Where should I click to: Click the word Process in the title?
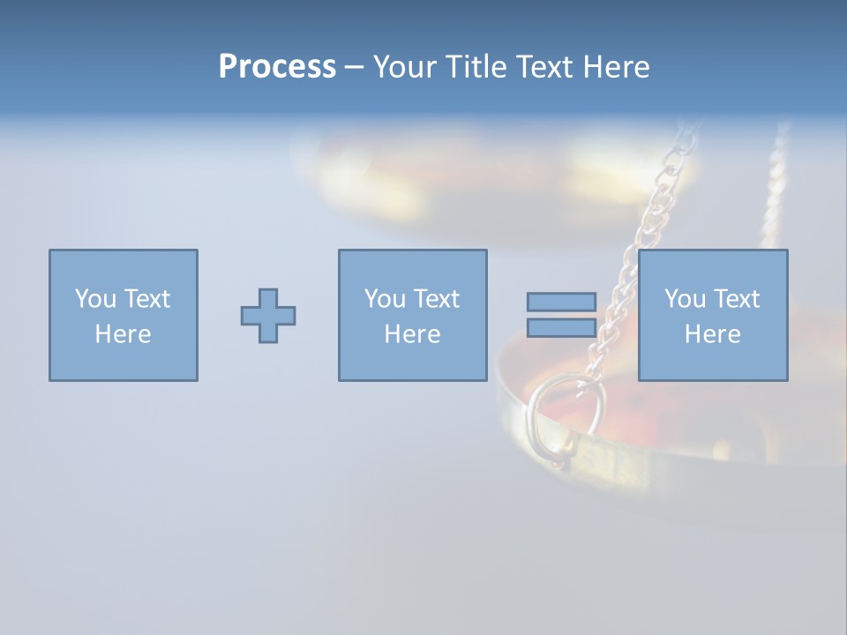point(277,67)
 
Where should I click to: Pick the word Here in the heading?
point(617,67)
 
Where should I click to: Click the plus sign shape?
point(268,316)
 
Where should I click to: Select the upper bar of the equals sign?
point(561,303)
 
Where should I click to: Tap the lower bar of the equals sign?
point(561,328)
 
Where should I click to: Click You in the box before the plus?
point(94,299)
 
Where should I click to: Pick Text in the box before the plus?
point(146,299)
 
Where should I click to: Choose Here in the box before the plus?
point(123,334)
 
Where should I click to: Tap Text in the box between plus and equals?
point(435,299)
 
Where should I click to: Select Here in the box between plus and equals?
point(412,334)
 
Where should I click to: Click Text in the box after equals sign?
point(735,299)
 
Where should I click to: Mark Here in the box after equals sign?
point(712,334)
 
